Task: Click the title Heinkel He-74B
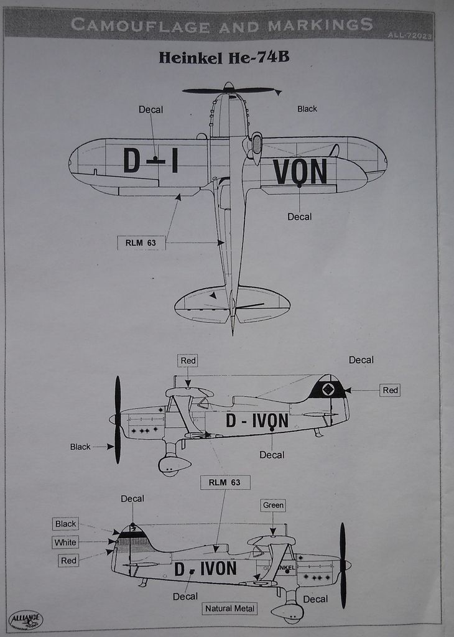(224, 58)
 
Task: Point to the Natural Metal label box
(229, 608)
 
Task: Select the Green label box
(273, 505)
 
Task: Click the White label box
(65, 542)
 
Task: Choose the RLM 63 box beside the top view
(141, 243)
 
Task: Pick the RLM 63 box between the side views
(225, 482)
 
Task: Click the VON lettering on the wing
(300, 172)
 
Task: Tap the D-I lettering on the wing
(151, 160)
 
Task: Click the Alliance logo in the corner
(25, 620)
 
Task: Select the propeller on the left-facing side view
(118, 419)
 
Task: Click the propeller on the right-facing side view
(343, 565)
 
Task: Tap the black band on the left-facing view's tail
(328, 389)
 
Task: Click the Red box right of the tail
(390, 390)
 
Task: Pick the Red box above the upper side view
(188, 361)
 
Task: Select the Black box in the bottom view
(65, 524)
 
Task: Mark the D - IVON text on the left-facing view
(257, 421)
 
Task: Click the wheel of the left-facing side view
(169, 465)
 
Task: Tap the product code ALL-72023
(410, 35)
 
